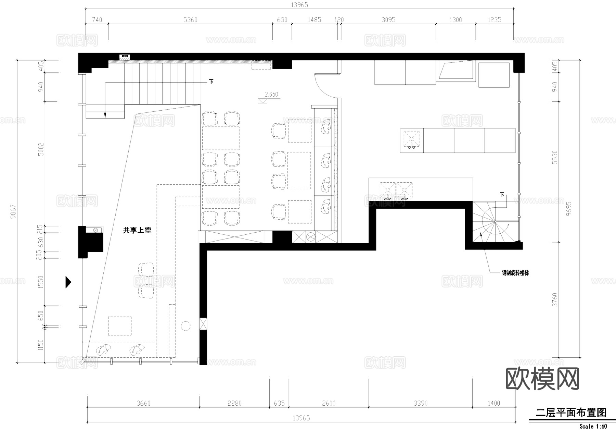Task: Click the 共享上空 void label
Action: click(137, 231)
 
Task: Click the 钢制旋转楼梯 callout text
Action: click(515, 273)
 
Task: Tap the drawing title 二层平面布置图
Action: click(571, 413)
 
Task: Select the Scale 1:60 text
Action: click(593, 426)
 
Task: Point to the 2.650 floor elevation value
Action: click(271, 94)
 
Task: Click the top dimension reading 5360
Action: click(190, 20)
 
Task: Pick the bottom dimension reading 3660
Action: click(143, 403)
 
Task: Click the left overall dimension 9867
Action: click(13, 211)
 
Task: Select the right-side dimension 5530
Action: click(555, 157)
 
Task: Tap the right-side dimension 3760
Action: click(555, 300)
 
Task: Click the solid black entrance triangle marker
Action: click(68, 282)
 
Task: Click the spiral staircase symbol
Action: click(495, 222)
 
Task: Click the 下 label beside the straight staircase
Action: click(211, 82)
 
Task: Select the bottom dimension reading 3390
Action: click(420, 403)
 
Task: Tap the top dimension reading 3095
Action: click(388, 20)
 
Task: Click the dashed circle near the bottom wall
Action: click(185, 325)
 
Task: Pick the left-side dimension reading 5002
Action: click(41, 149)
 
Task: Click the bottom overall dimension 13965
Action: click(301, 418)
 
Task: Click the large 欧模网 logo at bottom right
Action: click(542, 379)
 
